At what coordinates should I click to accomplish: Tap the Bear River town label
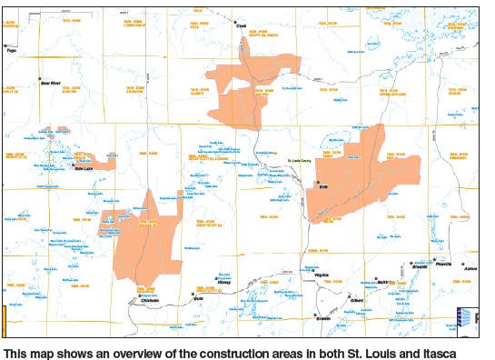coord(54,81)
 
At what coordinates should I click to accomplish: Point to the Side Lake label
coord(84,168)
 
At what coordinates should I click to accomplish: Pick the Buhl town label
coord(199,296)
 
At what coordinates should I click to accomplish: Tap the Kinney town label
coord(227,285)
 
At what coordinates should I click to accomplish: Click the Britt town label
coord(322,185)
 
